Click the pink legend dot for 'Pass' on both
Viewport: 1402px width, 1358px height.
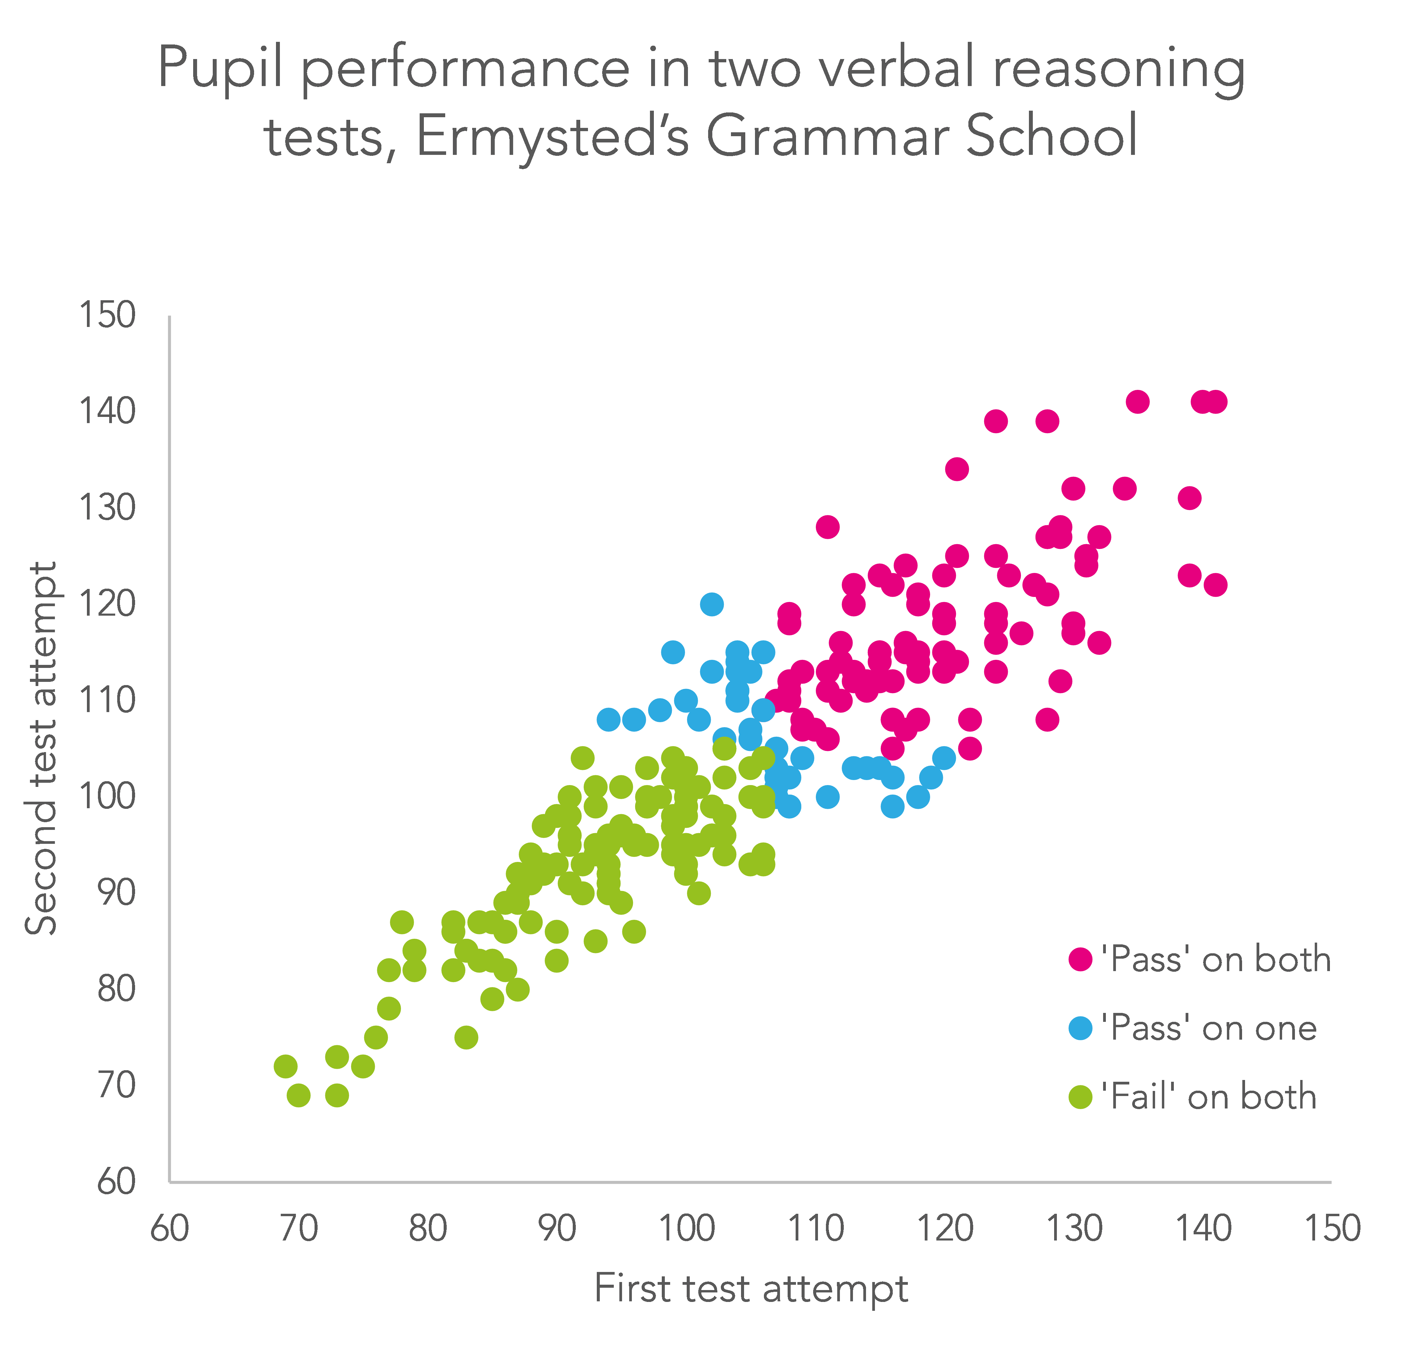pyautogui.click(x=1080, y=959)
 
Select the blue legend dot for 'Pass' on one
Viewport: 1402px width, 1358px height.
pyautogui.click(x=1080, y=1027)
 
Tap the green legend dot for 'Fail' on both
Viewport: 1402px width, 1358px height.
pyautogui.click(x=1080, y=1096)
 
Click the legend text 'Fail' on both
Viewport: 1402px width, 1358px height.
pyautogui.click(x=1209, y=1096)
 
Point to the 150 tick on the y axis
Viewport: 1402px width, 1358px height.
pyautogui.click(x=107, y=315)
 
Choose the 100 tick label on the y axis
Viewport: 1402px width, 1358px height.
pyautogui.click(x=107, y=796)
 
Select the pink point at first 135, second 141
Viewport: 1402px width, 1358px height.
pyautogui.click(x=1137, y=402)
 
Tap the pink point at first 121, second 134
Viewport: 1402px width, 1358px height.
pyautogui.click(x=956, y=469)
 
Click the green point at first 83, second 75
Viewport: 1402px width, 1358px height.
pyautogui.click(x=466, y=1037)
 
